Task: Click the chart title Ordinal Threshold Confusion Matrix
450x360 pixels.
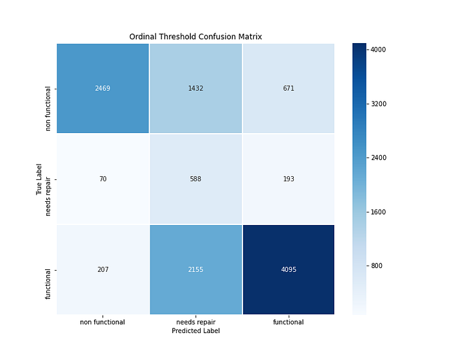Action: pos(195,37)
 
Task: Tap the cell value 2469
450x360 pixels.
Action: pos(103,88)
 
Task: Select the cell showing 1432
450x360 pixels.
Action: pos(195,88)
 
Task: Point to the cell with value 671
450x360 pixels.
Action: pos(288,88)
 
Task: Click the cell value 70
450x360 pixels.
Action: pos(103,179)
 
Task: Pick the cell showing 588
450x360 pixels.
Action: pos(195,179)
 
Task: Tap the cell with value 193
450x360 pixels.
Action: pos(288,179)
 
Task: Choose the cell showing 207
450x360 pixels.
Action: pos(103,269)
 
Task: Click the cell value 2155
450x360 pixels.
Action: pos(195,269)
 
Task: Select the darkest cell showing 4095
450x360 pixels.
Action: pos(288,269)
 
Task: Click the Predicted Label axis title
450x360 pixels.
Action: pos(195,330)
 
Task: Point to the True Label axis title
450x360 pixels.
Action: pos(39,179)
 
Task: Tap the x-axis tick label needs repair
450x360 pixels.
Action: pos(195,322)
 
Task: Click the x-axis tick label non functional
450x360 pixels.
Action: pos(103,322)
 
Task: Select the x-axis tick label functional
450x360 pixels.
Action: pos(288,322)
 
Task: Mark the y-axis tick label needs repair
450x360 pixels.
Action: pos(49,179)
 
